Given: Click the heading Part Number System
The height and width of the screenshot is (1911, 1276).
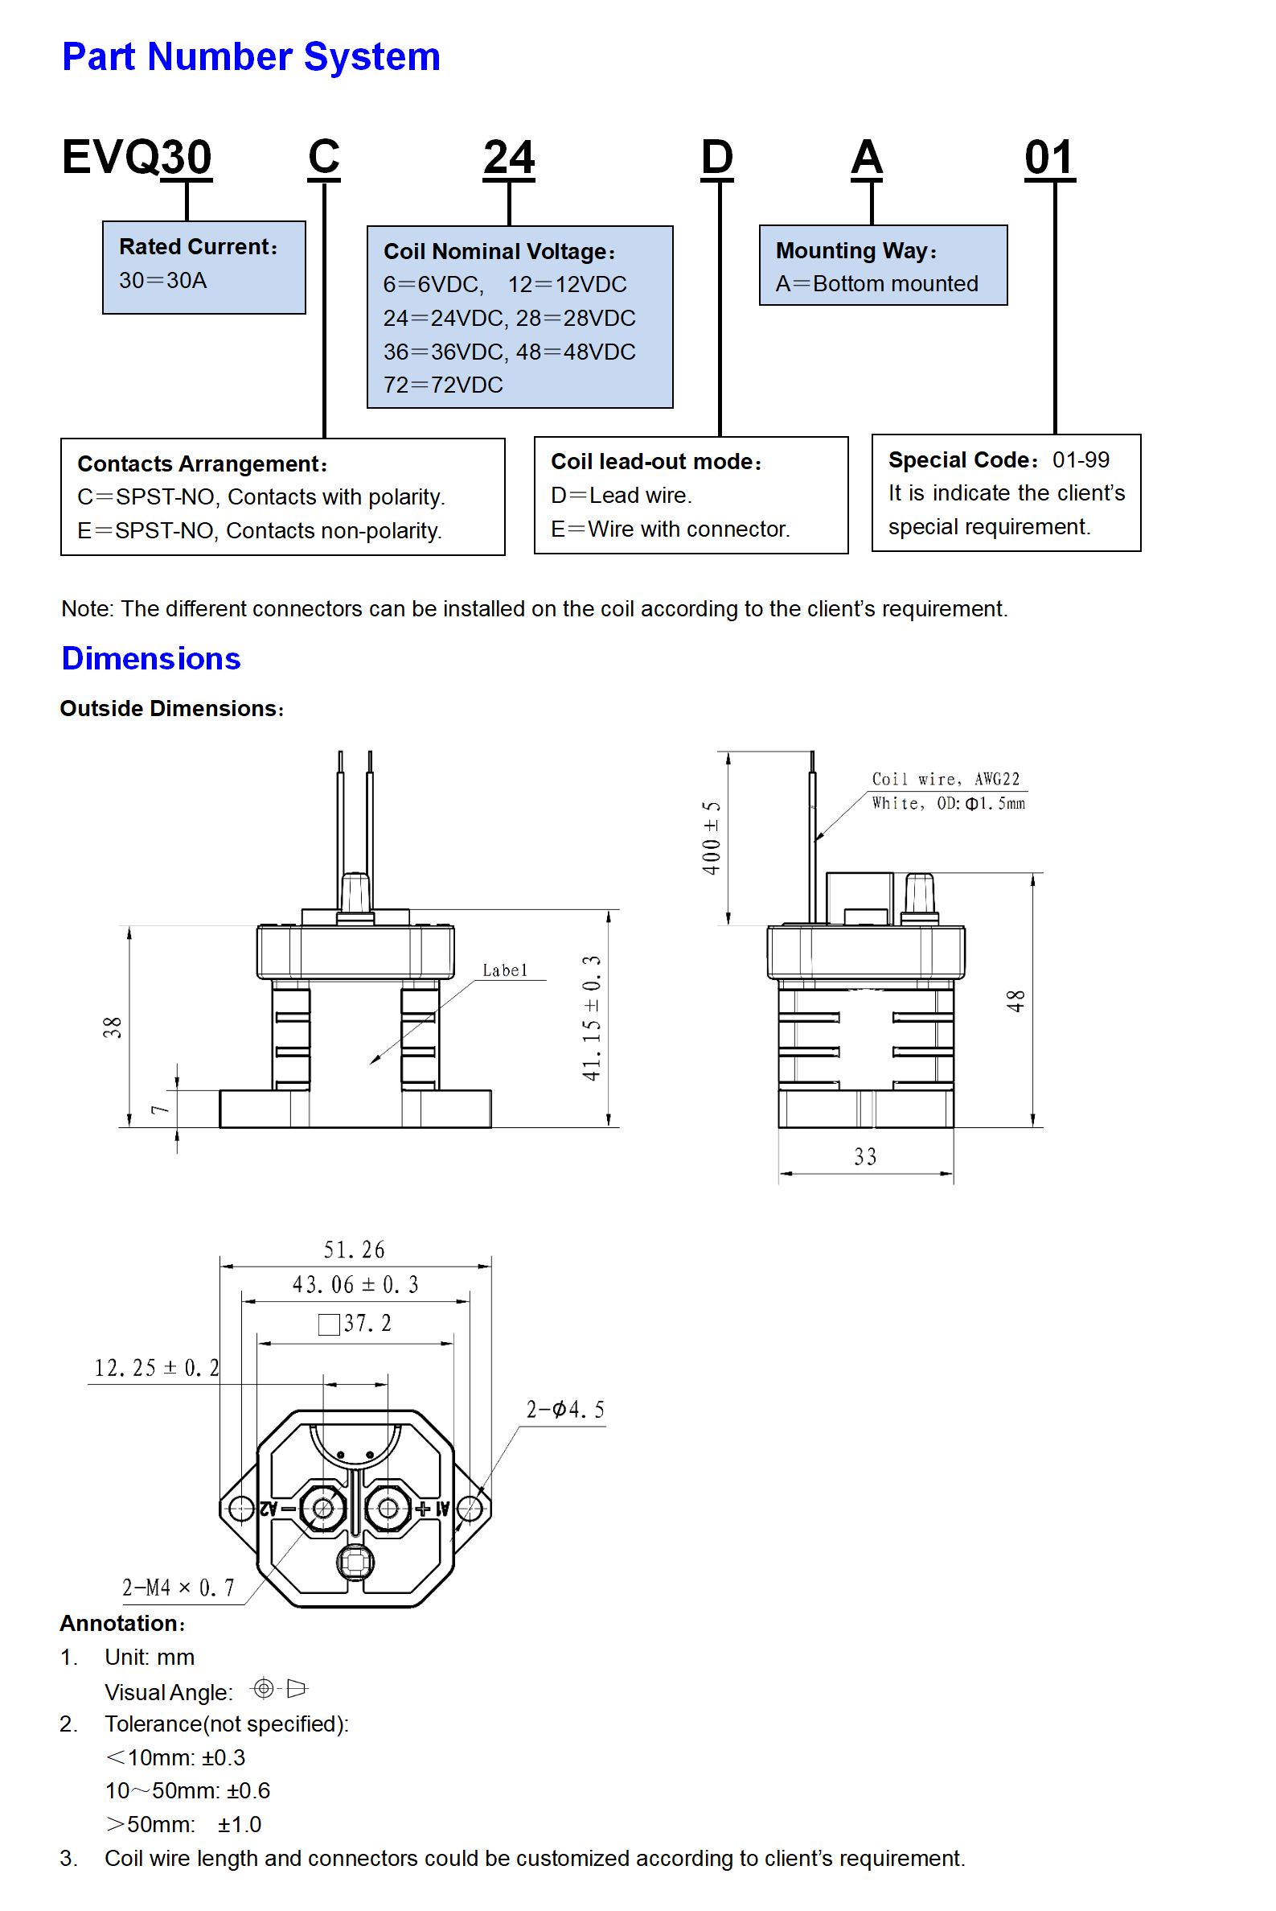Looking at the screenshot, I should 251,57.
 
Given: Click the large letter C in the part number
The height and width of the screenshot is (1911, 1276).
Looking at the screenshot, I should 324,156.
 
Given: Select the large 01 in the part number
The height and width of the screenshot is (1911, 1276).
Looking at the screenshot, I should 1048,157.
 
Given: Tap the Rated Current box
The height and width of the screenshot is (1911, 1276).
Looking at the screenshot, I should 203,266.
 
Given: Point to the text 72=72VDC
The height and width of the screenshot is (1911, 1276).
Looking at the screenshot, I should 443,385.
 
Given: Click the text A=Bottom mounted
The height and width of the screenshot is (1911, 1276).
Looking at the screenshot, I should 876,283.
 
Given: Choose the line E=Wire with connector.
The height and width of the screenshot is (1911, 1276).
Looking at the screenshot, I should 670,529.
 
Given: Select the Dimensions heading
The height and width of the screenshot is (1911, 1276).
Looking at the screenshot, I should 150,658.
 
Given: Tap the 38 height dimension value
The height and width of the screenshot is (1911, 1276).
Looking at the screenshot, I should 113,1027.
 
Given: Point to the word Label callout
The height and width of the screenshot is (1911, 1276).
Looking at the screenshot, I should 505,970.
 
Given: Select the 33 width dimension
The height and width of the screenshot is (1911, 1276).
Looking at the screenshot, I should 865,1156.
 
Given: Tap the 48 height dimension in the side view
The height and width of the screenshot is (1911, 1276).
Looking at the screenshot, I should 1015,1001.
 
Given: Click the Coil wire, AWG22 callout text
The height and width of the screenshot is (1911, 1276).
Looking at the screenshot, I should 945,779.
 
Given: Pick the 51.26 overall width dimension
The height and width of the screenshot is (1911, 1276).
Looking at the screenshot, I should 354,1249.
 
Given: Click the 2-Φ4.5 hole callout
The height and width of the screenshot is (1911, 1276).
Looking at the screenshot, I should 564,1410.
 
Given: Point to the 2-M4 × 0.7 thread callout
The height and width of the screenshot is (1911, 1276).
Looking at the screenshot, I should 178,1587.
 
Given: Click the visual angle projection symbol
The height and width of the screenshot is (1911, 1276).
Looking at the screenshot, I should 278,1688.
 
